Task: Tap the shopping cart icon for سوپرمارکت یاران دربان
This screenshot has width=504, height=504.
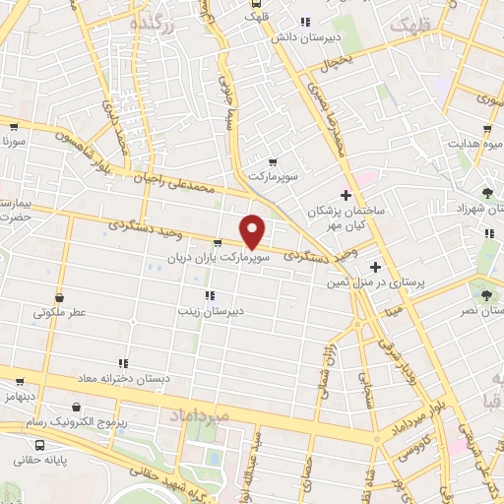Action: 218,242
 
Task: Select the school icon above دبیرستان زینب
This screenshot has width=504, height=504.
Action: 208,295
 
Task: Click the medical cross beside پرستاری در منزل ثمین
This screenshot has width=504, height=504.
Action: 374,267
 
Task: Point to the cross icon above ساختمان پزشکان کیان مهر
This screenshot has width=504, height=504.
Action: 345,195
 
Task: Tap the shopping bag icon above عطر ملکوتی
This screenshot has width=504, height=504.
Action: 61,297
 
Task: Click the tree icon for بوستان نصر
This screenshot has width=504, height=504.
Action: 482,293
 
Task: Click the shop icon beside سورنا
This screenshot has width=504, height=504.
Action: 14,126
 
